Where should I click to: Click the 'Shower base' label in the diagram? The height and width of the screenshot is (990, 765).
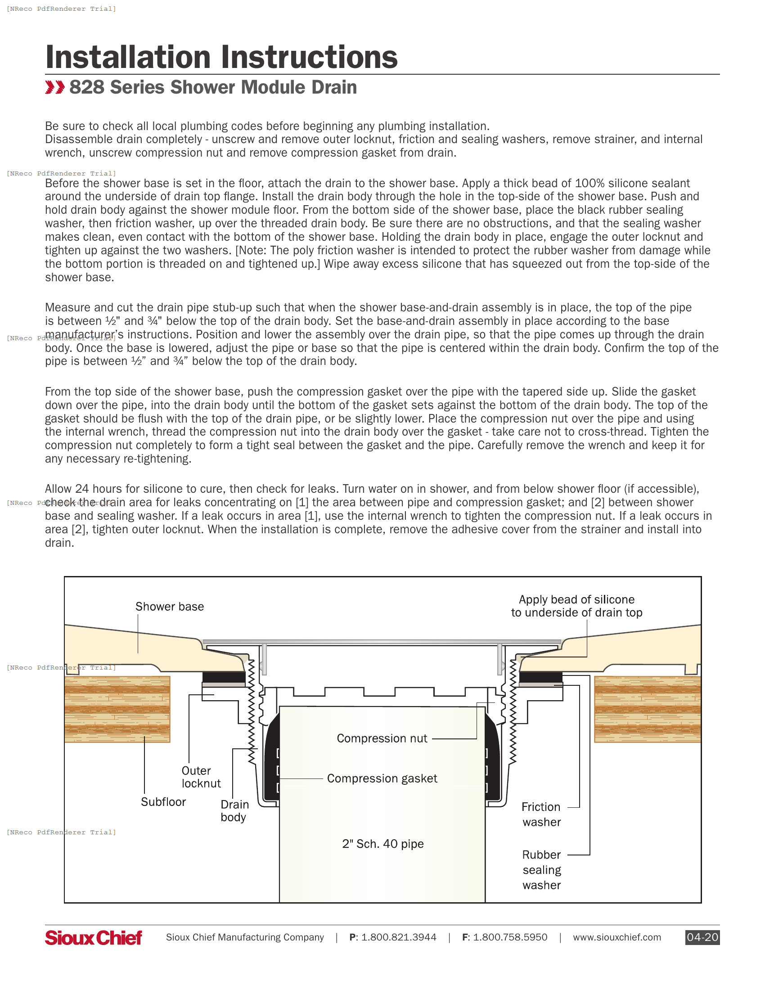click(170, 607)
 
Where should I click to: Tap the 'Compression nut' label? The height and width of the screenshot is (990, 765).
click(382, 738)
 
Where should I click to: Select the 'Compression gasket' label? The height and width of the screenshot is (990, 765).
click(382, 778)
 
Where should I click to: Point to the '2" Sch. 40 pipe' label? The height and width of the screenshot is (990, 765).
click(382, 844)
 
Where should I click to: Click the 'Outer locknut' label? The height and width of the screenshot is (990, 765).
click(200, 777)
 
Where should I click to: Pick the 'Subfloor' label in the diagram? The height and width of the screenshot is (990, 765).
click(163, 802)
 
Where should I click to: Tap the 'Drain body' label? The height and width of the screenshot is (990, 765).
click(234, 810)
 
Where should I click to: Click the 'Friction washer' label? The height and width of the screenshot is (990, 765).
click(541, 814)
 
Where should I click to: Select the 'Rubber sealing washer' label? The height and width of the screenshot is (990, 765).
click(541, 869)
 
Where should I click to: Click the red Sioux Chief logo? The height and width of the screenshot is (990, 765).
click(93, 937)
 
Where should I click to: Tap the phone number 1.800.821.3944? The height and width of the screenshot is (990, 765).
click(398, 937)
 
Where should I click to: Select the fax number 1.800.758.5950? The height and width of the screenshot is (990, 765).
click(510, 937)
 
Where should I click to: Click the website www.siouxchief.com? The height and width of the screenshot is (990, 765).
click(616, 937)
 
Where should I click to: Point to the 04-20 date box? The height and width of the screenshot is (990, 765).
click(702, 937)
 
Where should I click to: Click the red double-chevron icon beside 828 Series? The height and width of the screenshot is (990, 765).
click(55, 87)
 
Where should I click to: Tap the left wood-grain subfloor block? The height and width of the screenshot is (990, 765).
click(117, 708)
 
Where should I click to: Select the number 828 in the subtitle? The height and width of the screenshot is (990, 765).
click(86, 87)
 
